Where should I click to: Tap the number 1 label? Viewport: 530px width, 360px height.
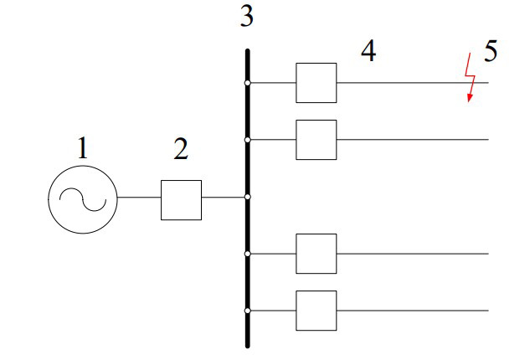(82, 150)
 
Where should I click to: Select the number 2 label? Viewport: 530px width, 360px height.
(181, 150)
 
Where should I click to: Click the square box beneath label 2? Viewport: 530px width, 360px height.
(181, 199)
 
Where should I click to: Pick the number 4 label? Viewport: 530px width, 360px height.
(368, 51)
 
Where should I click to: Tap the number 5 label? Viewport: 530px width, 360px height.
(491, 51)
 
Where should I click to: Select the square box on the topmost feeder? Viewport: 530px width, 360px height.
(316, 83)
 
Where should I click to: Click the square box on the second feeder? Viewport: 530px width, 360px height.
(316, 140)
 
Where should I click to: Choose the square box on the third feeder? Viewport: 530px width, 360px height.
(316, 254)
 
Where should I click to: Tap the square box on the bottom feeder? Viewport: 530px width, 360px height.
(316, 311)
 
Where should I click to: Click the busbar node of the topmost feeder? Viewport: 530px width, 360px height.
(247, 83)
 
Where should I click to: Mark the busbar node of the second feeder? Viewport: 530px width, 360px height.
(247, 140)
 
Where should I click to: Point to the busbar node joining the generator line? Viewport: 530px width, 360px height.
(247, 198)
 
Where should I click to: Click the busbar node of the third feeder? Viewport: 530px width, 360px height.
(247, 254)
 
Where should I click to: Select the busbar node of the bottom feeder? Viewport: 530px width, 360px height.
(247, 311)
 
